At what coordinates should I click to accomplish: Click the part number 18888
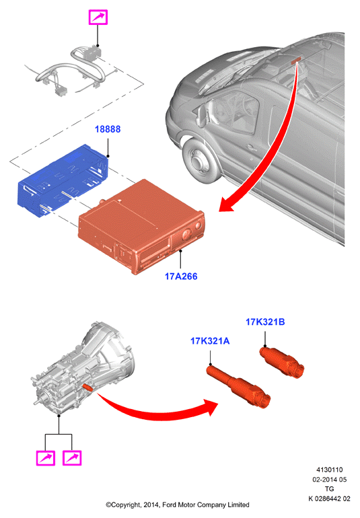(108, 129)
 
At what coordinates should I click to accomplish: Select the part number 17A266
(181, 276)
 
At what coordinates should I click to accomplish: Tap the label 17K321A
(210, 340)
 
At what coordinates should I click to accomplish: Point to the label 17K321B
(265, 322)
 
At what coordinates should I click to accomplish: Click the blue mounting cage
(63, 180)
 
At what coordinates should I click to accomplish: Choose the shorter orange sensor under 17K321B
(282, 362)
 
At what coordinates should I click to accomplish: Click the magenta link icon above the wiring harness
(98, 17)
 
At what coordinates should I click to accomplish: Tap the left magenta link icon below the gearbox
(46, 457)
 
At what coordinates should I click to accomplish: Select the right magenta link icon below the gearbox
(72, 457)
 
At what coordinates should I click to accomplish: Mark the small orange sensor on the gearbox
(87, 387)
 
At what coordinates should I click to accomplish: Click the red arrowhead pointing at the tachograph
(228, 204)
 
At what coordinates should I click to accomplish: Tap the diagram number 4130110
(330, 470)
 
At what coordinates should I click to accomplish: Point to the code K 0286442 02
(329, 498)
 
